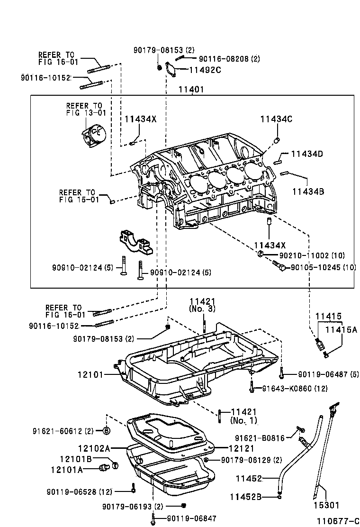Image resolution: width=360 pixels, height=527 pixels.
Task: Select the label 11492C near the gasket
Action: coord(205,70)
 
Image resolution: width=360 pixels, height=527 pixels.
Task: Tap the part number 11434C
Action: coord(276,119)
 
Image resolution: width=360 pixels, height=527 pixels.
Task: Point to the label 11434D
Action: coord(307,154)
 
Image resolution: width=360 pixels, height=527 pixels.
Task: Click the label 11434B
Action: coord(307,191)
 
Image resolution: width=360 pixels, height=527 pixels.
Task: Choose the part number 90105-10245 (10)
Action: coord(322,268)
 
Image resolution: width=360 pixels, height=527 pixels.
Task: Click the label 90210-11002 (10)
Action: coord(312,255)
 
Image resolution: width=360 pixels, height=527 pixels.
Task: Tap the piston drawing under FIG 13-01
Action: coord(93,134)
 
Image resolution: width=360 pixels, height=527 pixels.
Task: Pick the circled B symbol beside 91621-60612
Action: coord(107,431)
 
